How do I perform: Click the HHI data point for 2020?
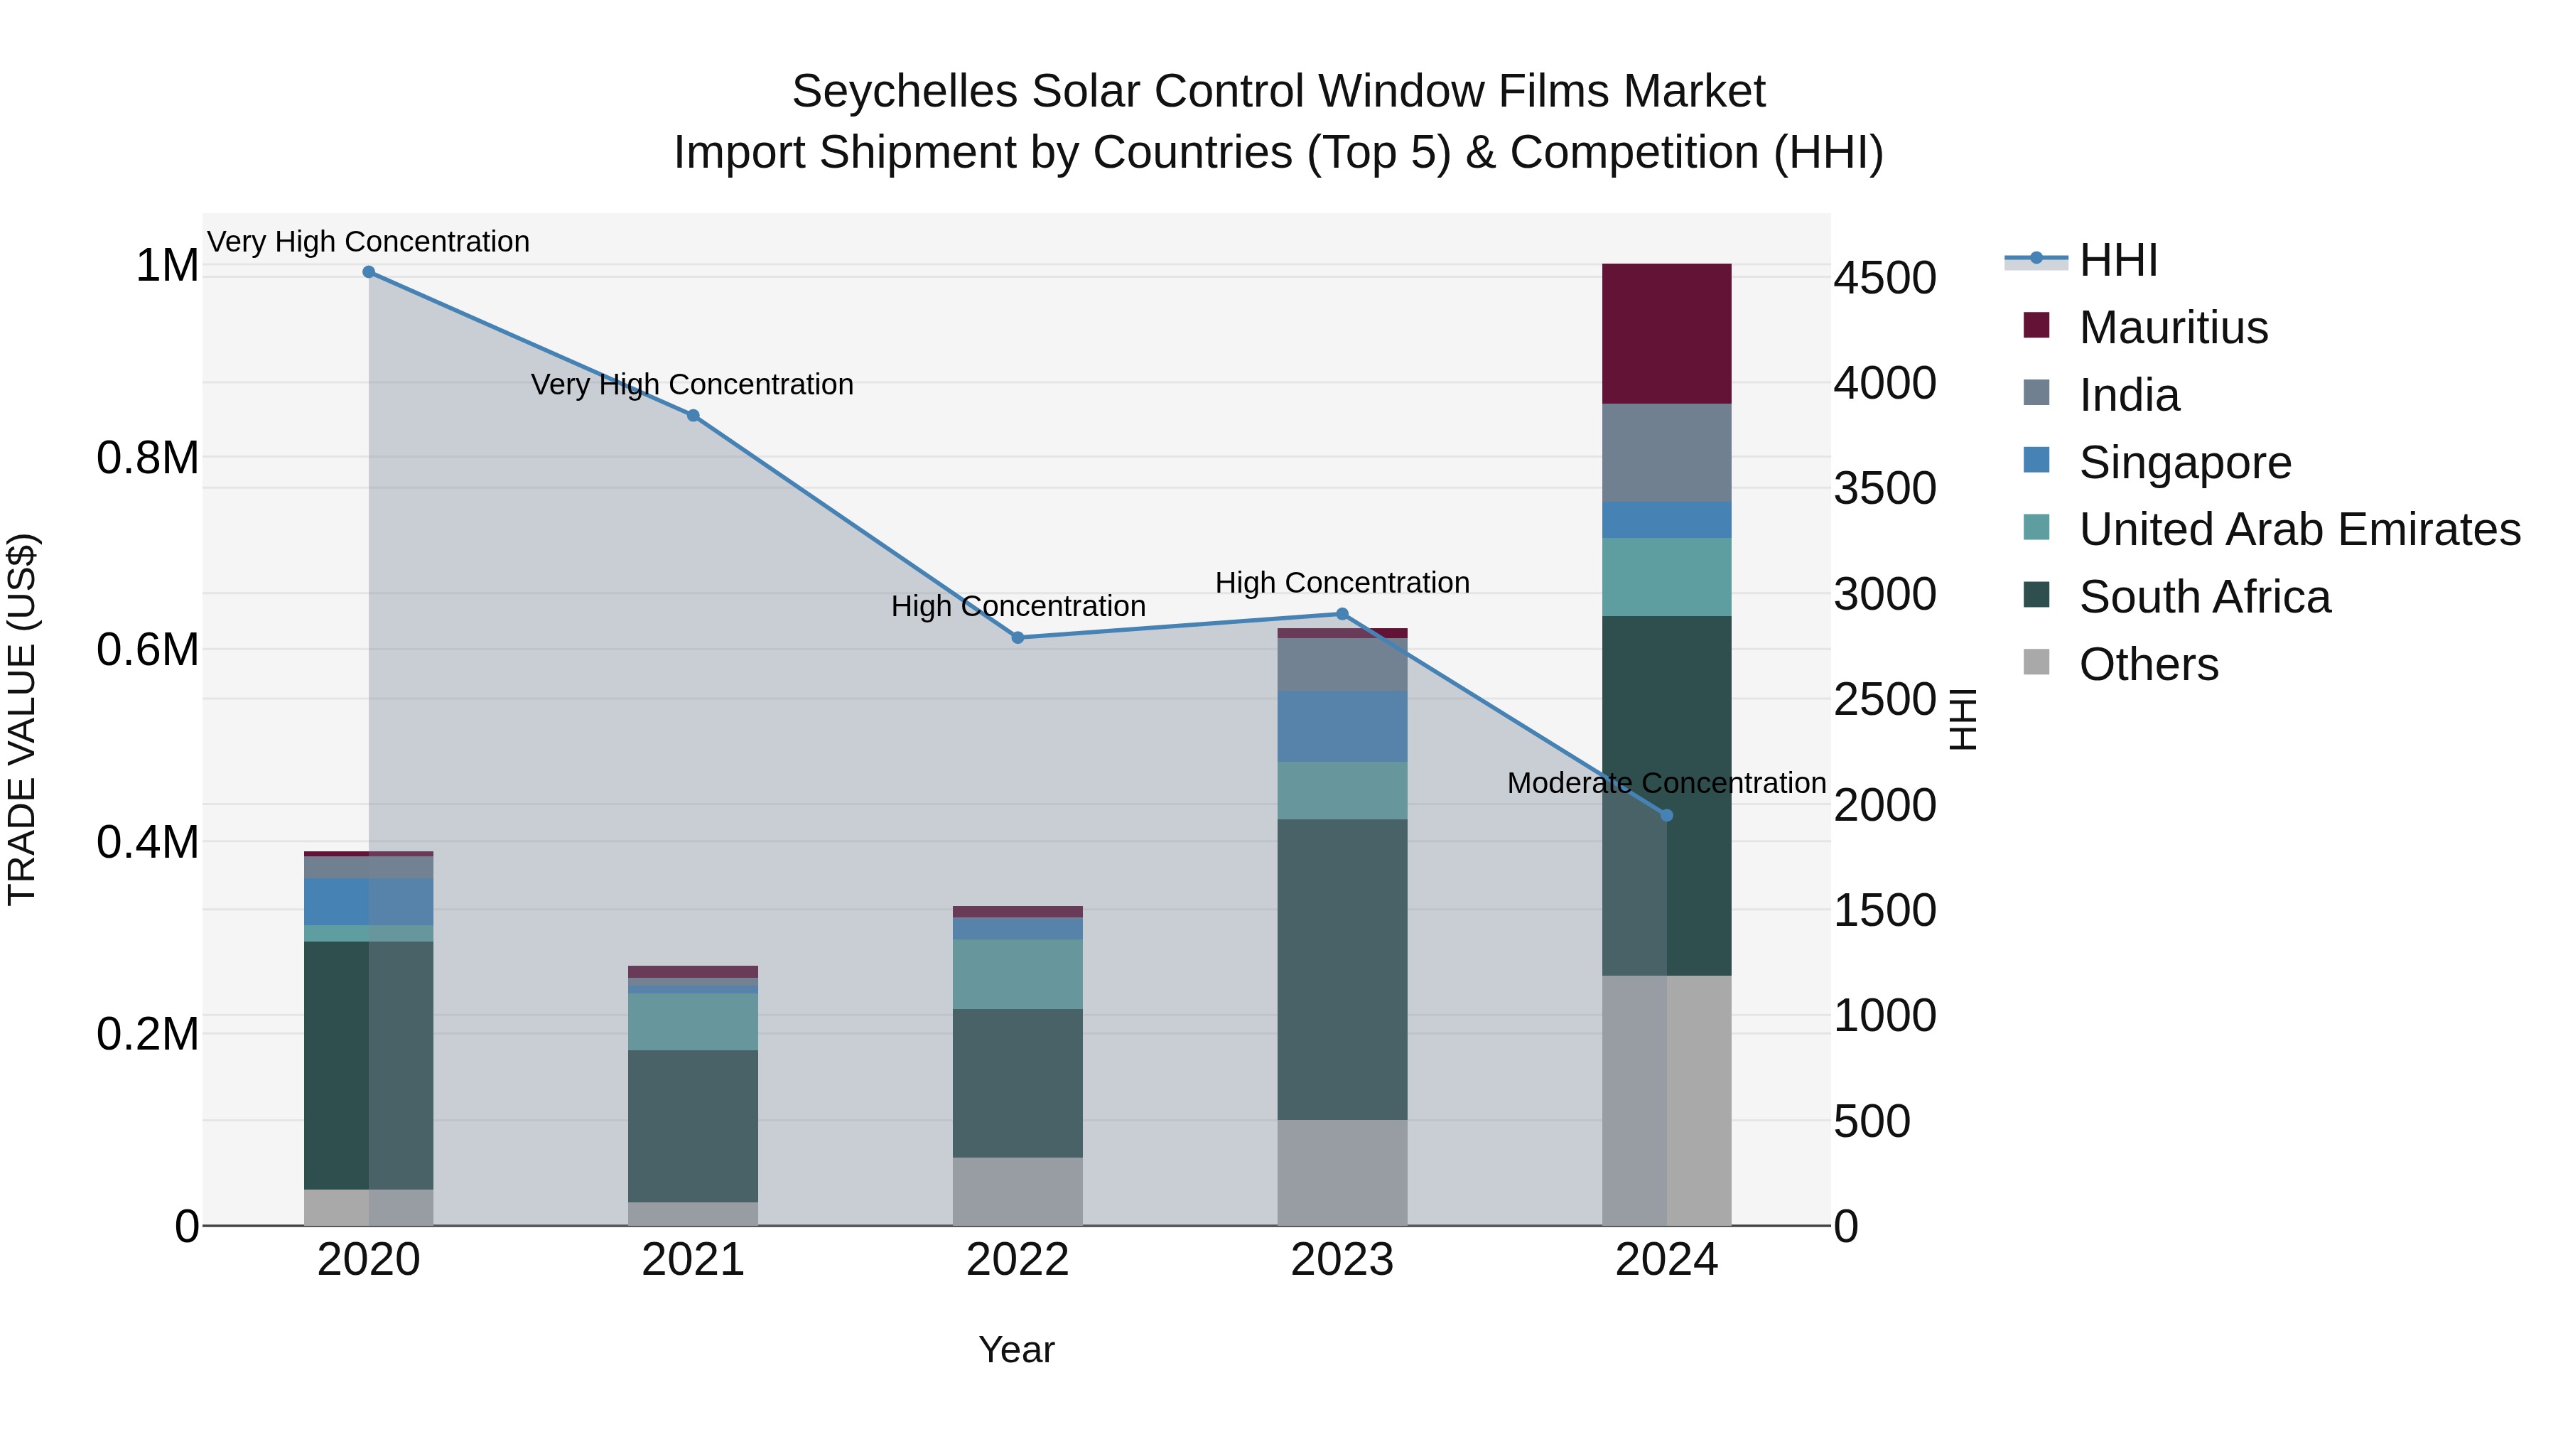368,272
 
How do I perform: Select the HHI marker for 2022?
1018,637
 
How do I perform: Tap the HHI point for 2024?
1667,815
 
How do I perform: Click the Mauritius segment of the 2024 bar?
1667,334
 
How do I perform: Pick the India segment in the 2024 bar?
1667,453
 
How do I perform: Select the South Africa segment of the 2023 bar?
1342,969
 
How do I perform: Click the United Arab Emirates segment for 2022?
1018,974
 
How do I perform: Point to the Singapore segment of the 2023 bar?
1342,726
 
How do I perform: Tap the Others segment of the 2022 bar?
1018,1191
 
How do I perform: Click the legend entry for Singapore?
2185,463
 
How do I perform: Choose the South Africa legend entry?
2204,598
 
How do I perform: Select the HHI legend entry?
2118,260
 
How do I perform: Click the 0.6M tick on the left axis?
147,650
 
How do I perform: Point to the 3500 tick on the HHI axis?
1884,489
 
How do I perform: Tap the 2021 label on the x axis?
693,1260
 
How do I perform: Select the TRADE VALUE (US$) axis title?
22,719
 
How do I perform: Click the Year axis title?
1017,1349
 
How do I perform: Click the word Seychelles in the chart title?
905,92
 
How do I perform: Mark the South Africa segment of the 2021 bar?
693,1126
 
